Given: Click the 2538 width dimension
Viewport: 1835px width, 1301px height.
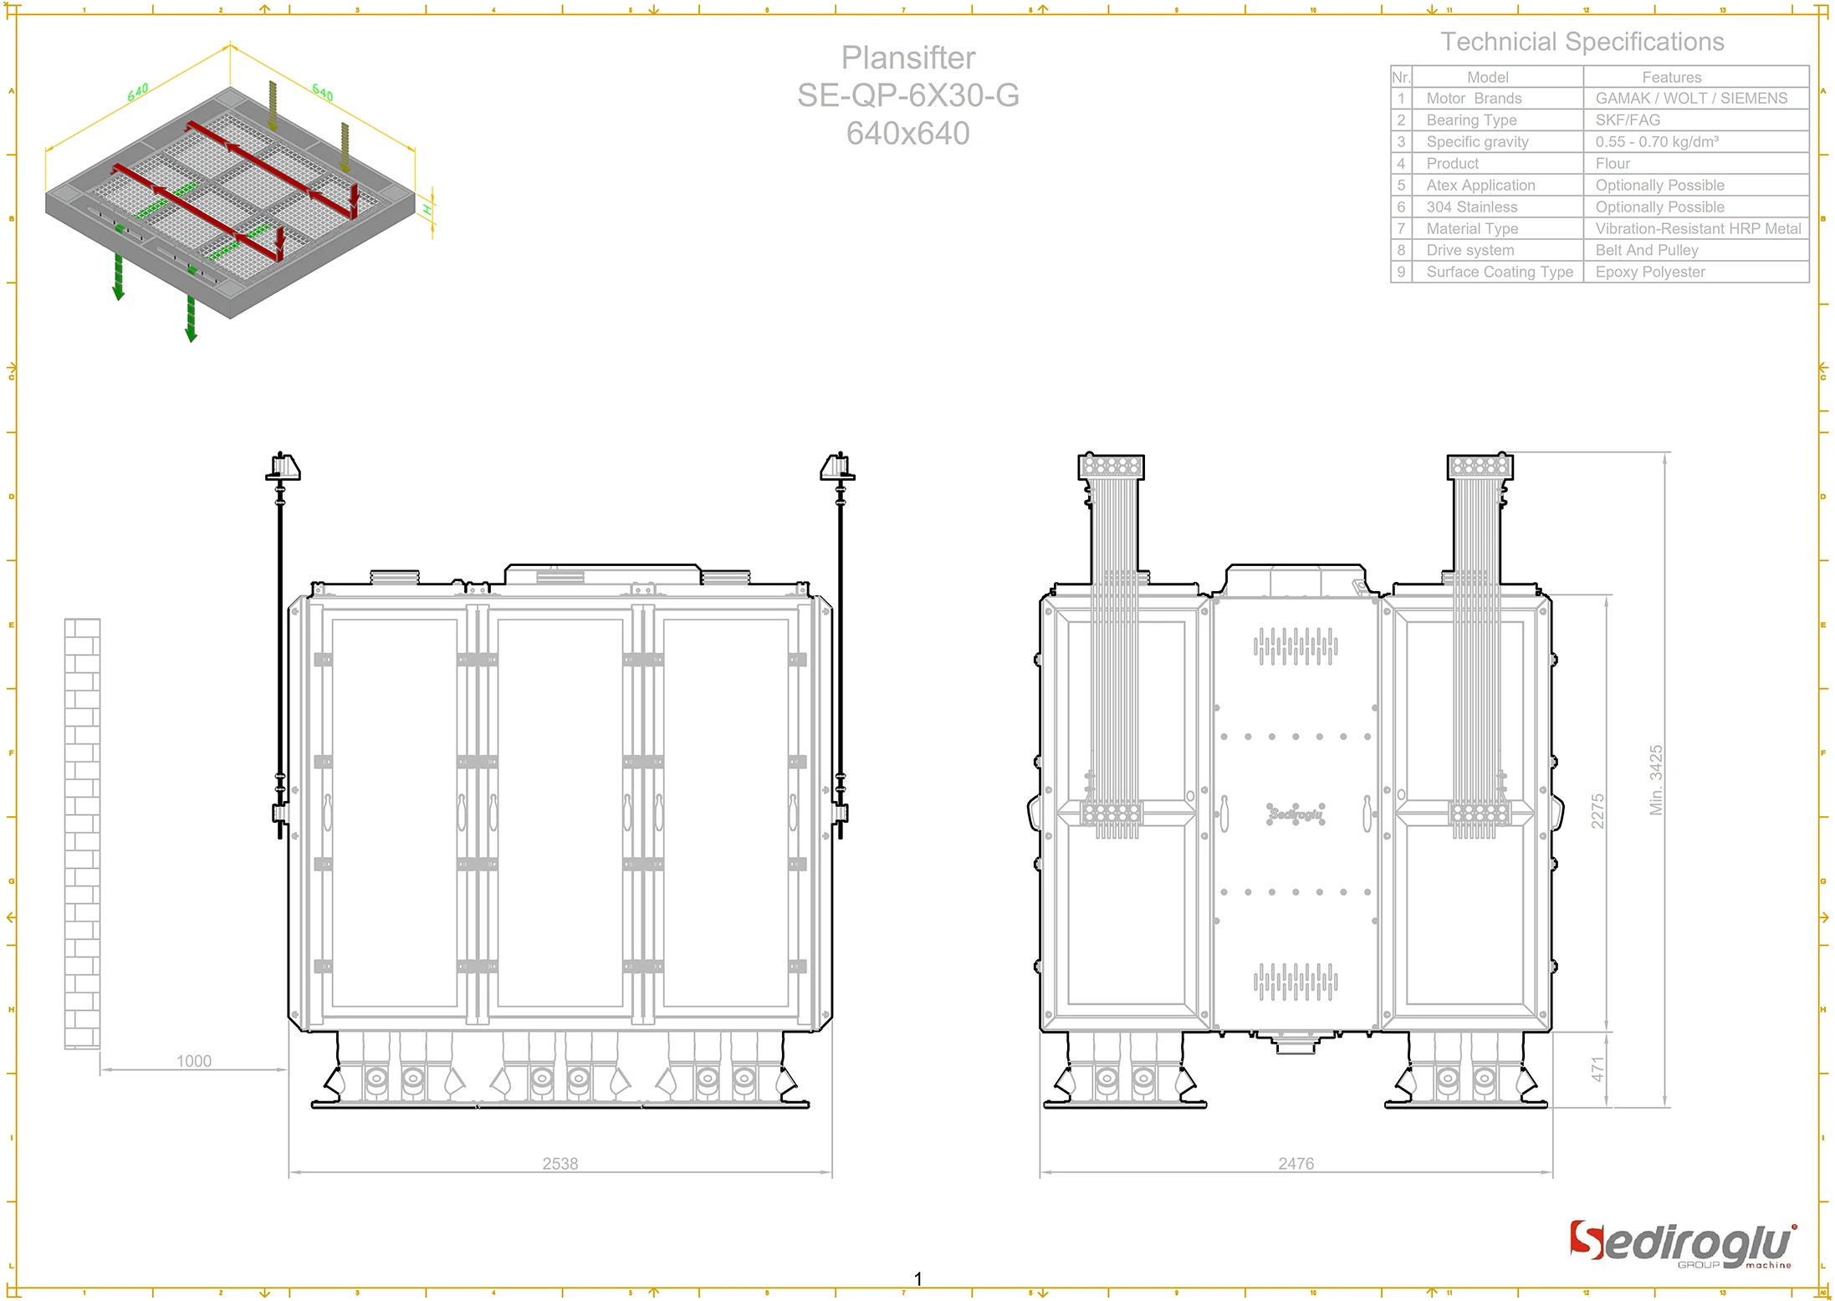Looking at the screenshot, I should (x=560, y=1163).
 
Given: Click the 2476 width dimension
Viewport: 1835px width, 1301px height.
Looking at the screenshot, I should (x=1296, y=1163).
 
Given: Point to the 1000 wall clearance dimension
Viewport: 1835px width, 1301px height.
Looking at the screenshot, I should (x=193, y=1061).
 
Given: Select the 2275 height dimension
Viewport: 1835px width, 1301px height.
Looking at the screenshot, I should (x=1597, y=811).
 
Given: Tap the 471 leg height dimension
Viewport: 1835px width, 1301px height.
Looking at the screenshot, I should (x=1597, y=1069).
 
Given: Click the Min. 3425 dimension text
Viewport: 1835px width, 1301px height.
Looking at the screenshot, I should (x=1656, y=779).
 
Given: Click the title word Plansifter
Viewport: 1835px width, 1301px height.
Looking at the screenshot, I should (x=907, y=58).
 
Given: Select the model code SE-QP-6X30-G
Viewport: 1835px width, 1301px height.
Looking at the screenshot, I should (x=907, y=95).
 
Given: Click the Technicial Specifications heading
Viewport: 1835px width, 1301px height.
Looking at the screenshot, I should (x=1582, y=42).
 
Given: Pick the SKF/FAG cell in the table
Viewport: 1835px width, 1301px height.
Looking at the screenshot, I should (x=1628, y=120).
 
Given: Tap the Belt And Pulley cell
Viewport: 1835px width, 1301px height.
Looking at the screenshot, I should (x=1646, y=250).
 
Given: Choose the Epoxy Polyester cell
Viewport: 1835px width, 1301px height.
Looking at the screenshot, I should (x=1649, y=272).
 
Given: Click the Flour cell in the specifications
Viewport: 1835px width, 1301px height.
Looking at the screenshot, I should (x=1613, y=163).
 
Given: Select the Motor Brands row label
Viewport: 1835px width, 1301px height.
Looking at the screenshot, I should (x=1474, y=98).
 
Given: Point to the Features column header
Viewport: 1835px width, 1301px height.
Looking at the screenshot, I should (x=1671, y=77).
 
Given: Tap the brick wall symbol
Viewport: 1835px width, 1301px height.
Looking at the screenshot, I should (x=82, y=833).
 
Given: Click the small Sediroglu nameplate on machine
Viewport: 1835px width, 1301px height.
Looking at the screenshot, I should (x=1295, y=814).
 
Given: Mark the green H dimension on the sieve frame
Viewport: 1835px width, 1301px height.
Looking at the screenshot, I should (x=427, y=209).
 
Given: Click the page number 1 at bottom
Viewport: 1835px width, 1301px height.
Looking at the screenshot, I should (x=917, y=1278).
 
